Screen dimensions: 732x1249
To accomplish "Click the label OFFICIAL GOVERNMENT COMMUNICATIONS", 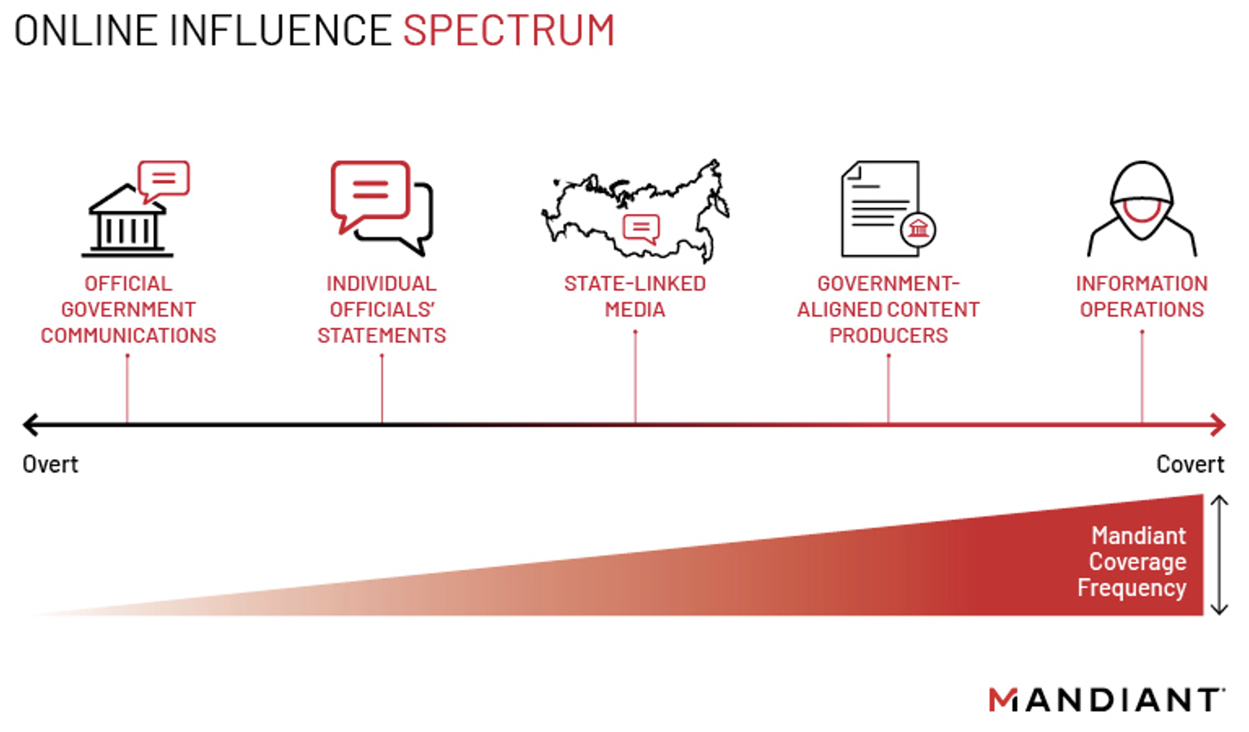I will pos(128,309).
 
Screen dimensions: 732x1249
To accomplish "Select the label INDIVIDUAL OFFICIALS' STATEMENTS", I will pos(382,309).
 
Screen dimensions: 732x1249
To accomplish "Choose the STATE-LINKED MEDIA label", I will pos(635,296).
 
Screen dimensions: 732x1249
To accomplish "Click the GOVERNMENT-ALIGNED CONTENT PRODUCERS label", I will pos(888,309).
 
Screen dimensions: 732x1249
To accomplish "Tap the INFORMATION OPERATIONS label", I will pos(1142,296).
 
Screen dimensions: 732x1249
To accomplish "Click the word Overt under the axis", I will pos(51,464).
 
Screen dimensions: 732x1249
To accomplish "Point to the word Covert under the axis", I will pos(1190,464).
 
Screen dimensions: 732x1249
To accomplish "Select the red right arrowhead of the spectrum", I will pos(1218,424).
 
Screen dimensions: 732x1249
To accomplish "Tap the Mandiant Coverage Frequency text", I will pos(1133,562).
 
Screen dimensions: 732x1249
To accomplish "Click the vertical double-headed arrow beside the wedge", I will pos(1219,554).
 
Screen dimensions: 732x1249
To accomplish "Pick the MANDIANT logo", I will pos(1107,699).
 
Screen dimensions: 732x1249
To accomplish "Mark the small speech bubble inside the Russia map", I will pos(641,228).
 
